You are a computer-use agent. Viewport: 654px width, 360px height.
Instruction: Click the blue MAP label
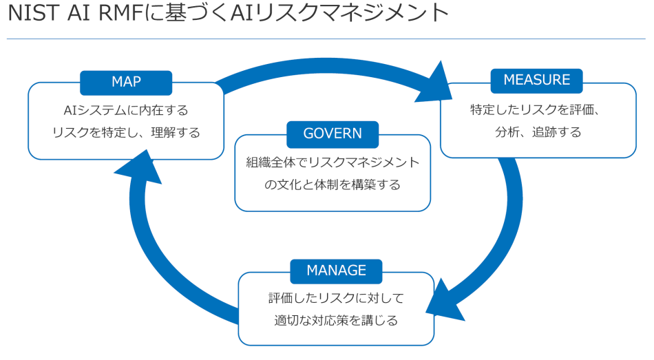point(126,82)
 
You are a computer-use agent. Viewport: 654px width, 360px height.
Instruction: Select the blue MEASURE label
point(536,80)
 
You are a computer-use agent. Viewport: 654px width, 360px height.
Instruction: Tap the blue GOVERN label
point(333,134)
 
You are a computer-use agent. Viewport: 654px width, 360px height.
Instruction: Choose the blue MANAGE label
point(336,271)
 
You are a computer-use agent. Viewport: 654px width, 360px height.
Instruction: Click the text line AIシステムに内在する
point(126,110)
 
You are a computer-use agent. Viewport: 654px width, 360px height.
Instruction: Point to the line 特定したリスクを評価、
point(538,109)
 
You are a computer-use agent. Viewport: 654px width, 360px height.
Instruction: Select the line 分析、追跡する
point(538,132)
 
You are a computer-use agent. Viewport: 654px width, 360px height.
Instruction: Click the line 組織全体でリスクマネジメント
point(333,162)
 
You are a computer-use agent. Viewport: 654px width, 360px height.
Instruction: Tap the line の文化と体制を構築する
point(333,185)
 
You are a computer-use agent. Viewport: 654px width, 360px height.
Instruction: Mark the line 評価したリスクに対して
point(336,298)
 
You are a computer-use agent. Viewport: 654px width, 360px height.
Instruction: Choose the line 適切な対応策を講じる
point(336,321)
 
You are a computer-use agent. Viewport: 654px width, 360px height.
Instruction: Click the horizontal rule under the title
point(327,39)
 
